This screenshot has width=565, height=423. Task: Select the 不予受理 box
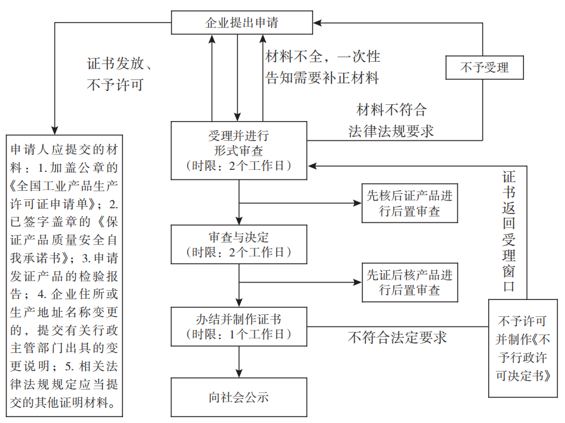coord(484,67)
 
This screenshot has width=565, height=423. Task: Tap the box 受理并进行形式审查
coord(239,150)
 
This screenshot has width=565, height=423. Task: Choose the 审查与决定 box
coord(239,244)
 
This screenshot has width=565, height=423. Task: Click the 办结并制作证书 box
coord(239,327)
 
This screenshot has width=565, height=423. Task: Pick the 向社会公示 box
coord(239,396)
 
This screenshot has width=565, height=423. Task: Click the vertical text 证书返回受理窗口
coord(509,231)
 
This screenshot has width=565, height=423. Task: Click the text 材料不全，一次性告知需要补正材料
coord(323,68)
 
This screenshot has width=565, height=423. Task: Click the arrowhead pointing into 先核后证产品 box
coord(358,203)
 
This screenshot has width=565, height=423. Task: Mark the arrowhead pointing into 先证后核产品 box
coord(358,282)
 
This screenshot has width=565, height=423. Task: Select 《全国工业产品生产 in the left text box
coord(64,184)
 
